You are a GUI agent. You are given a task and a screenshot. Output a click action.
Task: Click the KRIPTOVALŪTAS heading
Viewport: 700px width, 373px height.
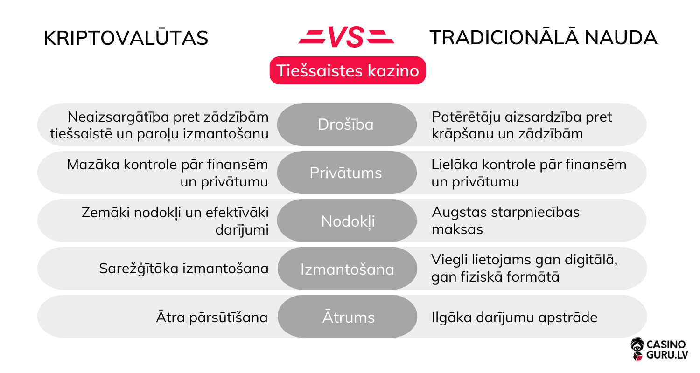coord(126,38)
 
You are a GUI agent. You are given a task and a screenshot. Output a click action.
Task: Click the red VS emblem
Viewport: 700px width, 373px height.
coord(346,37)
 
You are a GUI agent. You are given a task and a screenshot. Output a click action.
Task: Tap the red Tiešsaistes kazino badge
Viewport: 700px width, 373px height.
coord(348,71)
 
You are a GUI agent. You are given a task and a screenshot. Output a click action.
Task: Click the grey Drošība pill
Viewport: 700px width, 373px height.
coord(346,124)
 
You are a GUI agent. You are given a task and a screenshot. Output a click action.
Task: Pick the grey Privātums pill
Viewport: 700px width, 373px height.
coord(346,173)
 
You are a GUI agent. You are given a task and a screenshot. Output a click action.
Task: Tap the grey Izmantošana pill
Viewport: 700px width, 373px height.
coord(347,269)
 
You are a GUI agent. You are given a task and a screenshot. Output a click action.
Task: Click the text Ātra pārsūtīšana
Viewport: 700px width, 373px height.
coord(212,318)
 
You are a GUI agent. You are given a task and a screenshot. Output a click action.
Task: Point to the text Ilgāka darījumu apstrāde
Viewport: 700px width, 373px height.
coord(514,318)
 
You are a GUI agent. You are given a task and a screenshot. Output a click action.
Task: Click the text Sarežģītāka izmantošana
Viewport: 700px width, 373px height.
coord(183,269)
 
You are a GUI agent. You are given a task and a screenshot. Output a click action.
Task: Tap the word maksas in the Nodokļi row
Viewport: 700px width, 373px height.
coord(457,229)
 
